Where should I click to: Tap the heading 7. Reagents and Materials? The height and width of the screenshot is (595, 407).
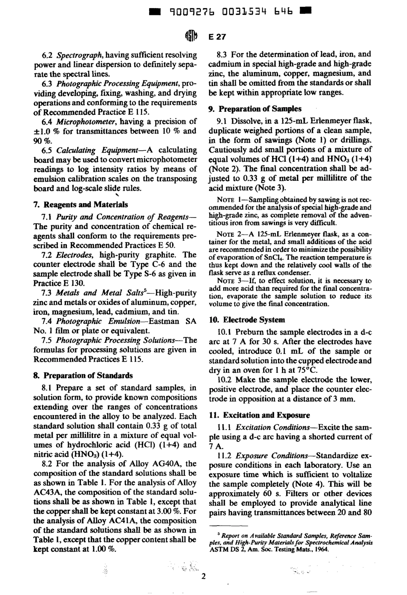pos(81,204)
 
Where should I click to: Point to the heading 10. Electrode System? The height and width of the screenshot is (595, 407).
pos(247,320)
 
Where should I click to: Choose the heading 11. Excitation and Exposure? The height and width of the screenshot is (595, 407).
pos(260,415)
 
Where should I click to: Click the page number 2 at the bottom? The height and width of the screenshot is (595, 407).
pos(203,576)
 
